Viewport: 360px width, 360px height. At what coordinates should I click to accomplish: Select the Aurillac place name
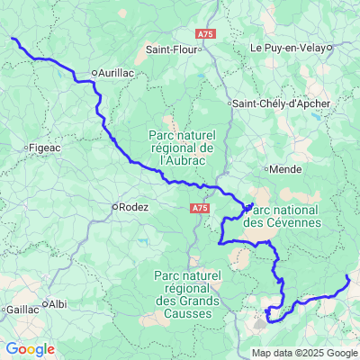click(x=119, y=72)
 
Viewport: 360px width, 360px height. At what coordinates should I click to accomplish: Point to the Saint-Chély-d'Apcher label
click(x=277, y=103)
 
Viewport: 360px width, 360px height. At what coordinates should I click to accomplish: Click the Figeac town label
click(x=45, y=147)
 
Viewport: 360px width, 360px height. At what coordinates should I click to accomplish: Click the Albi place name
click(x=58, y=304)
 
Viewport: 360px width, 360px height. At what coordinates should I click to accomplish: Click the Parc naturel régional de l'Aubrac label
click(x=180, y=147)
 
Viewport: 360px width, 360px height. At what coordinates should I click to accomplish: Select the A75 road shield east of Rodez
click(x=201, y=208)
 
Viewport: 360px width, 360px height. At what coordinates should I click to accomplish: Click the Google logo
click(x=30, y=349)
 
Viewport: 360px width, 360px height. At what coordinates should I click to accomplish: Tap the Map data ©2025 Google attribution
click(x=304, y=353)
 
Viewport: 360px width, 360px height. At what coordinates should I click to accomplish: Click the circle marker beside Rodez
click(x=114, y=206)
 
